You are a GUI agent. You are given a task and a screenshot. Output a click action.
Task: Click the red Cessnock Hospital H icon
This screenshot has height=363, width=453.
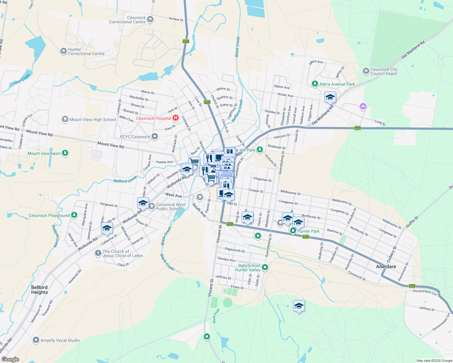(x=176, y=118)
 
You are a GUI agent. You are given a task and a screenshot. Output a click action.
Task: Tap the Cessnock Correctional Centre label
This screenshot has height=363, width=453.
(x=127, y=20)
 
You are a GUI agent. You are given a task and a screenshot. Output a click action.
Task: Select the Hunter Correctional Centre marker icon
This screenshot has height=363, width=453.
(x=63, y=51)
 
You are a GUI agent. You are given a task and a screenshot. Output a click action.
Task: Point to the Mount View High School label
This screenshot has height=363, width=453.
(x=93, y=119)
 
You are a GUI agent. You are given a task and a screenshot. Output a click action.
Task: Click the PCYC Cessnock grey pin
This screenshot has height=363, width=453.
(x=155, y=136)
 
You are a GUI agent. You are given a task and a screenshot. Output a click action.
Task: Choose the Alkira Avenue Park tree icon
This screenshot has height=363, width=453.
(x=315, y=83)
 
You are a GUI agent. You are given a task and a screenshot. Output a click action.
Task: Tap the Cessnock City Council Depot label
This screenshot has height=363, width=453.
(x=384, y=71)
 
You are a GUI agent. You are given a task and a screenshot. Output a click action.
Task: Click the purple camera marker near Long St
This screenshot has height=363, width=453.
(x=363, y=106)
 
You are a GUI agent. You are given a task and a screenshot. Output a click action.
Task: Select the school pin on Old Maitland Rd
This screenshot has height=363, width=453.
(x=330, y=97)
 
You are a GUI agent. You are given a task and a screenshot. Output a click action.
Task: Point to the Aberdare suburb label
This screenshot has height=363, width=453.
(x=386, y=267)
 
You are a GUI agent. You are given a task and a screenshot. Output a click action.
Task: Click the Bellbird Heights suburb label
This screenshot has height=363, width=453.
(x=39, y=290)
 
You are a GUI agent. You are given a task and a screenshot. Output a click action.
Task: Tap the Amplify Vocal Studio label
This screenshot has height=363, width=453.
(x=60, y=340)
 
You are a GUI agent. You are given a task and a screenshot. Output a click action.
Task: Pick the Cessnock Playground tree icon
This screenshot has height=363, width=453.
(x=74, y=215)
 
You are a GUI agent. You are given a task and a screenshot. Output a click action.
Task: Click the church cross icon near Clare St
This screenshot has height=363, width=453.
(x=98, y=253)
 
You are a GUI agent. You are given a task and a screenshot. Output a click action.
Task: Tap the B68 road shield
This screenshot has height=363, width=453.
(x=358, y=128)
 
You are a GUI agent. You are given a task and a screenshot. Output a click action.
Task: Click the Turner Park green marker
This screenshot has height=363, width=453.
(x=293, y=231)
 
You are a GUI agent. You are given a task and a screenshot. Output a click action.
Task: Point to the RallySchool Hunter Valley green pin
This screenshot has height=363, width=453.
(x=265, y=267)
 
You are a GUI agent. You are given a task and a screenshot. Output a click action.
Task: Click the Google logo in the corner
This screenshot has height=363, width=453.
(x=10, y=359)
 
